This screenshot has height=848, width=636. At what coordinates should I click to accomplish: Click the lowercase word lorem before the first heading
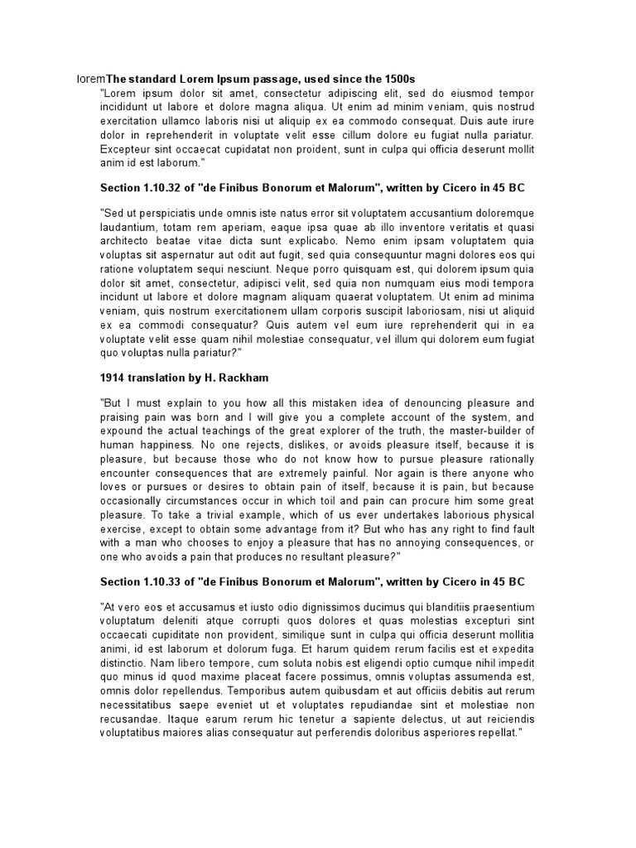tap(91, 79)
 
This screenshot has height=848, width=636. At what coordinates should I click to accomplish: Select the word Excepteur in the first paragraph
tap(126, 149)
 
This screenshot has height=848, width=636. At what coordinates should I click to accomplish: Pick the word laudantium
tap(128, 227)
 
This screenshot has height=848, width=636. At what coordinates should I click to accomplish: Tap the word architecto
tap(127, 241)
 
